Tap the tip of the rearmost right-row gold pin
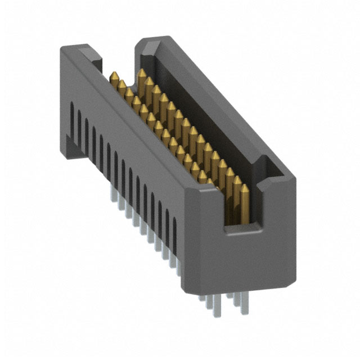[141, 72]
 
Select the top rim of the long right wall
[219, 101]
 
